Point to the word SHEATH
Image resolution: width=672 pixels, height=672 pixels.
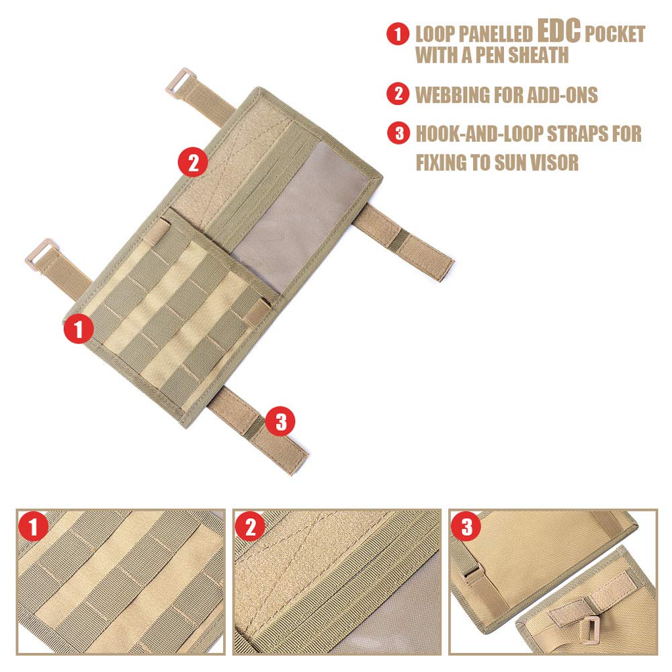coord(534,55)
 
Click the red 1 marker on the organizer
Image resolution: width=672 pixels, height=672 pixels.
coord(79,329)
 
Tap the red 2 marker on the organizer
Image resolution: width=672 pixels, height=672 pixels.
coord(193,162)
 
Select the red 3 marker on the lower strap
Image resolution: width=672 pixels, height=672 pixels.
coord(280,421)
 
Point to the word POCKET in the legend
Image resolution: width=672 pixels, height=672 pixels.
coord(614,34)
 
